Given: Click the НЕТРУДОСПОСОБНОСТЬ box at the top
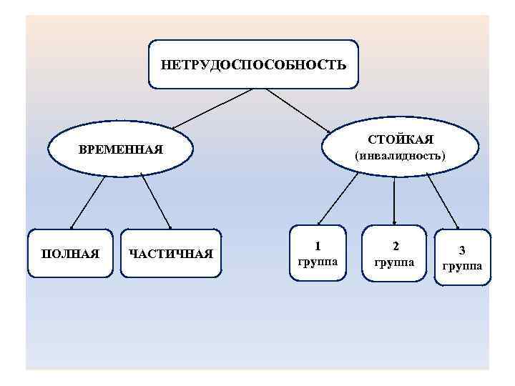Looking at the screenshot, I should click(x=252, y=64).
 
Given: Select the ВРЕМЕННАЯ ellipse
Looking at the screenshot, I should click(x=121, y=150).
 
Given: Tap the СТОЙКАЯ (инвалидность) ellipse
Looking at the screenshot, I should click(x=401, y=146).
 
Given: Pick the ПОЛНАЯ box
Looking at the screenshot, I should click(x=70, y=253).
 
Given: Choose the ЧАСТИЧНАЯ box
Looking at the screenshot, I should click(x=172, y=253).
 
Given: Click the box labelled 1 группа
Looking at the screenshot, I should click(x=317, y=253).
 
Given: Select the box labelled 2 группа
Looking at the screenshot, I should click(x=395, y=253).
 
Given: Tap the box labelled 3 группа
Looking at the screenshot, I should click(x=463, y=257).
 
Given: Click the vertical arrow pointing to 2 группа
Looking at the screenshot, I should click(x=395, y=200).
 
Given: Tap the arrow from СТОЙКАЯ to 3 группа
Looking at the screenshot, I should click(x=443, y=201).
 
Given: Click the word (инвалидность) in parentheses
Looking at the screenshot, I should click(x=401, y=154).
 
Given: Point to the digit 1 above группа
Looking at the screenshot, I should click(x=318, y=245).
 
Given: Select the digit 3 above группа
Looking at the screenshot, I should click(x=463, y=250).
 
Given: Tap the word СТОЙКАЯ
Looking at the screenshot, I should click(x=401, y=137).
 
